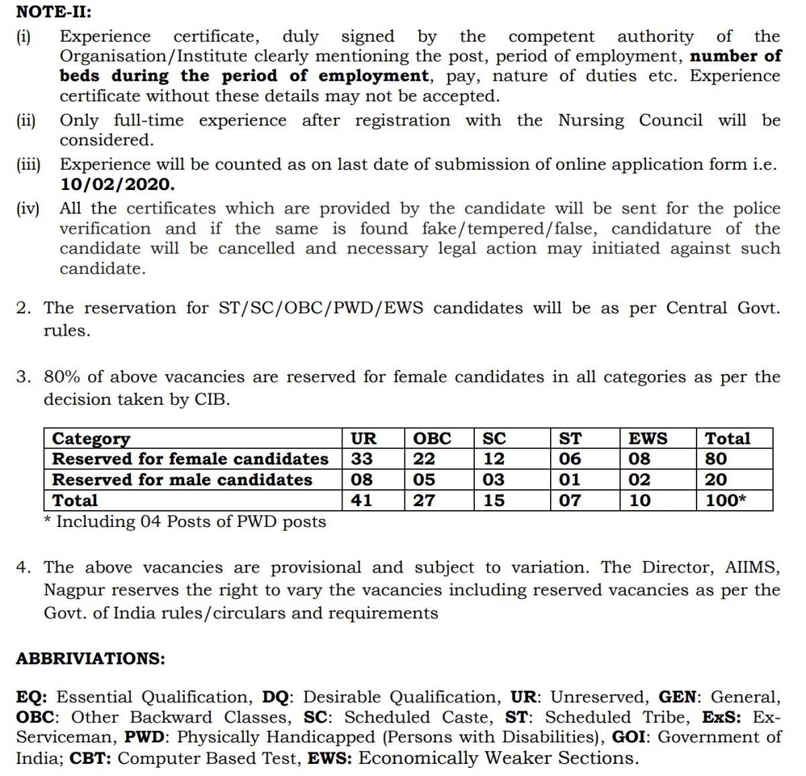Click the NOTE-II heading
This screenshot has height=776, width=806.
53,11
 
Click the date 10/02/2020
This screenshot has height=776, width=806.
117,184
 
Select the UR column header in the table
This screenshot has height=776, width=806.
363,438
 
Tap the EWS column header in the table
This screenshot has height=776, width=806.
647,438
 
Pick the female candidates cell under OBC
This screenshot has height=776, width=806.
424,459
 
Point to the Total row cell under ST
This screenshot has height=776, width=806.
570,501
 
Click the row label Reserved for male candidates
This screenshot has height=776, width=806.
182,480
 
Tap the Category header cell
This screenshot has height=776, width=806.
91,438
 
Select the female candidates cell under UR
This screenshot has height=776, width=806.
361,459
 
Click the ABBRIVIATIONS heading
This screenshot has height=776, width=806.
90,659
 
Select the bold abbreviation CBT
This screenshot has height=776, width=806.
92,759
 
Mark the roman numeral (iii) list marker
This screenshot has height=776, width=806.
28,164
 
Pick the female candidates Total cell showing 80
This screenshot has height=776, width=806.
716,459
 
